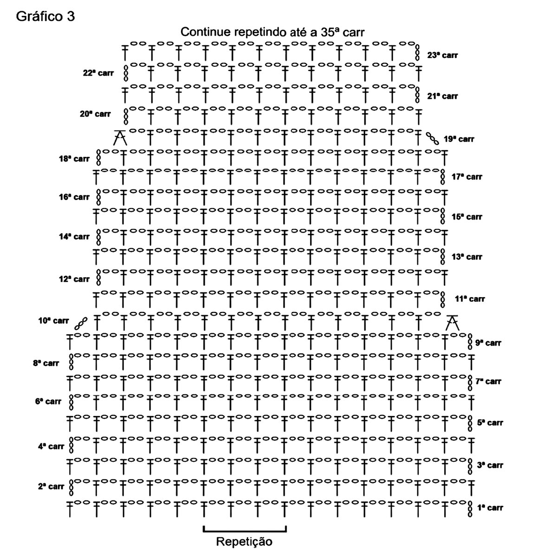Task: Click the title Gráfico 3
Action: (45, 17)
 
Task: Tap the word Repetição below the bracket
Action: (244, 541)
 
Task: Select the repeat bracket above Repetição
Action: (245, 529)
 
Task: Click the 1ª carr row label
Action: (490, 507)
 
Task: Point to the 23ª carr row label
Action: (442, 55)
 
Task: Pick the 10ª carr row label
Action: (53, 321)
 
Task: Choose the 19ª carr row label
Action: (459, 139)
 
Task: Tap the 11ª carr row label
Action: (470, 299)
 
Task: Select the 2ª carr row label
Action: (51, 486)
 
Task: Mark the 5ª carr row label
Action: (490, 423)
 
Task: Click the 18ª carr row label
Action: (74, 159)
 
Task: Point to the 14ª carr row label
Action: (74, 237)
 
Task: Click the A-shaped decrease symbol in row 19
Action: (120, 138)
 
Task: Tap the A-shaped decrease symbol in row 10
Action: (452, 322)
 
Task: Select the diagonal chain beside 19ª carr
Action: (433, 138)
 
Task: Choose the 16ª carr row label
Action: (74, 197)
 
